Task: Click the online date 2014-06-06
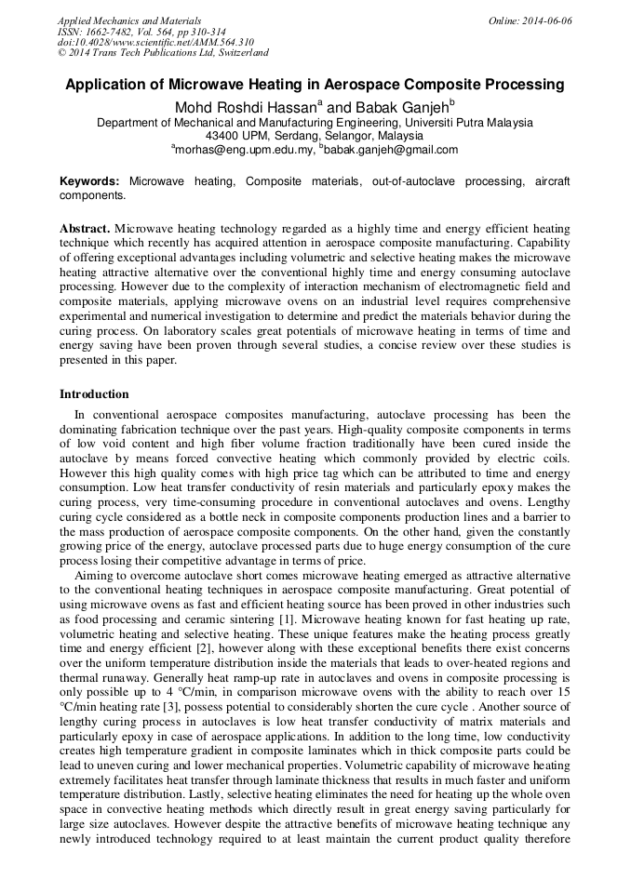(x=546, y=20)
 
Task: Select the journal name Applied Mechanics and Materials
(x=128, y=20)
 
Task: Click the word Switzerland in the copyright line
(x=241, y=54)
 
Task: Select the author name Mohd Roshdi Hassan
(x=245, y=108)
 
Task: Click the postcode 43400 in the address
(x=222, y=136)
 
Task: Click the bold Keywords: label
(x=89, y=181)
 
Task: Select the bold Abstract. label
(x=85, y=228)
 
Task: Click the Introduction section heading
(x=94, y=394)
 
